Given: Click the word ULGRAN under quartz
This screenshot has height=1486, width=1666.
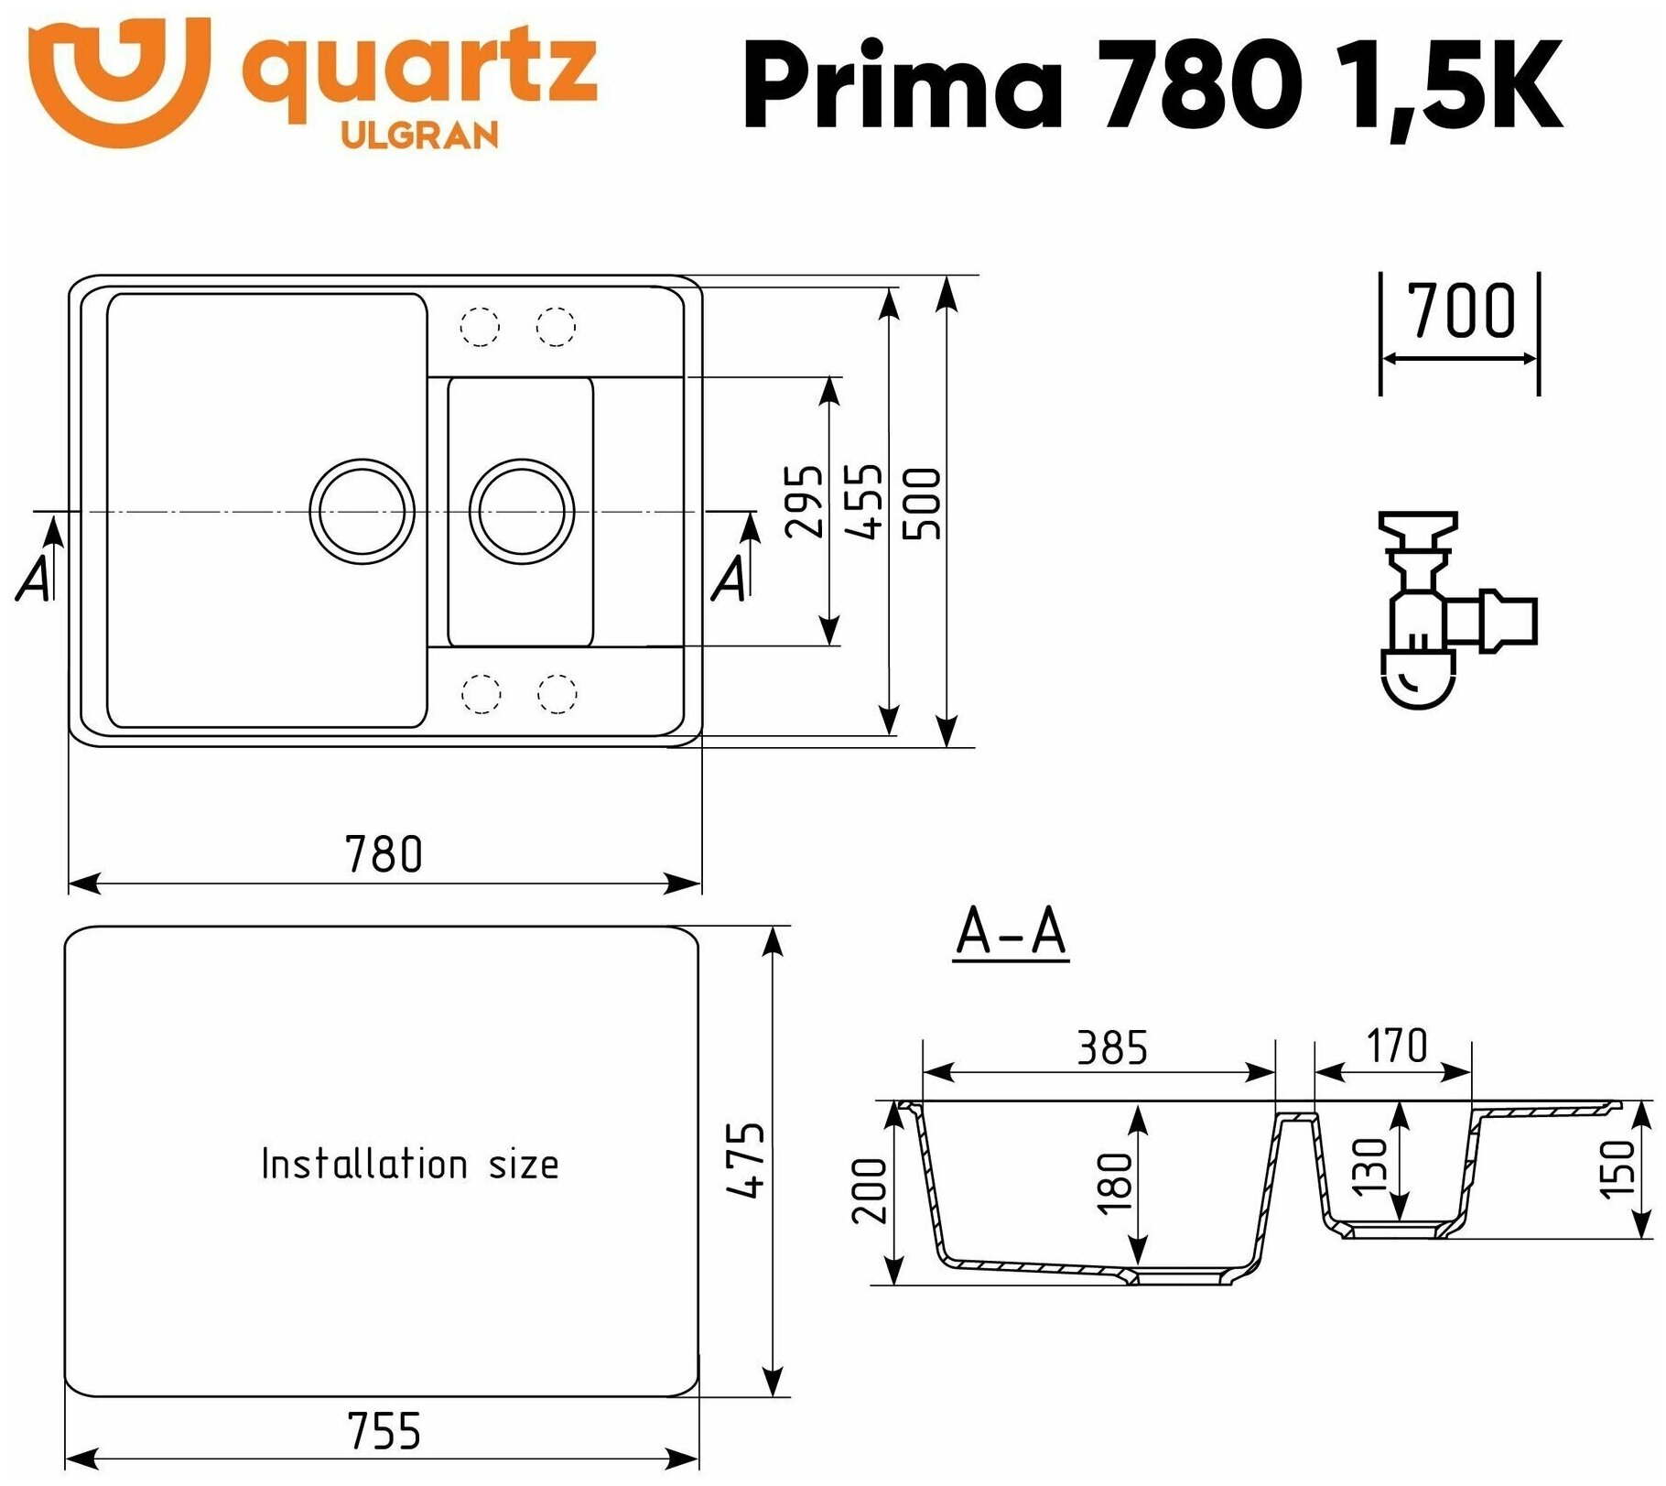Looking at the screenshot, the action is pos(420,136).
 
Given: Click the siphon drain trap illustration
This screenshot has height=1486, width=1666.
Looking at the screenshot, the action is pos(1456,610).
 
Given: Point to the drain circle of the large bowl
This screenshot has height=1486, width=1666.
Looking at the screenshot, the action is pos(362,511).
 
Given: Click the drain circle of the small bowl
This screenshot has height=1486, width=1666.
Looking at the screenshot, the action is pos(522,511).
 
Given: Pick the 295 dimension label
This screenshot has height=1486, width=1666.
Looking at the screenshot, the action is pos(804,501).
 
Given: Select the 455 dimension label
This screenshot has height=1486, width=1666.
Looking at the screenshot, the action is pos(863,501).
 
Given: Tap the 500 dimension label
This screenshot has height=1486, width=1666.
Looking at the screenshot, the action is pos(921,504).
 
